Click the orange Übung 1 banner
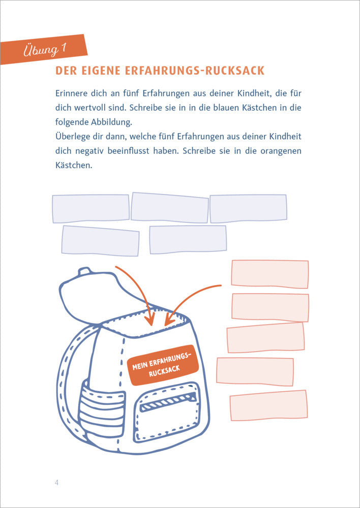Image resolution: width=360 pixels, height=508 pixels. coord(44,49)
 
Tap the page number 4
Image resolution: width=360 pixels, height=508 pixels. coord(57,483)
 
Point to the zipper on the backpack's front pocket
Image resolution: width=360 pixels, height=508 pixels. coord(168,400)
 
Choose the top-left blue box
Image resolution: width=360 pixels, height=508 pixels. coord(91,209)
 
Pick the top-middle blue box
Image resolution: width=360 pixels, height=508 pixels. coord(170,208)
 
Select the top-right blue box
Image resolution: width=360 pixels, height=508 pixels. coord(249,209)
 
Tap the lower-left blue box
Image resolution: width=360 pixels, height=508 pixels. coord(101,241)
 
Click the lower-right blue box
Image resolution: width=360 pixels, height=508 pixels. coord(188,240)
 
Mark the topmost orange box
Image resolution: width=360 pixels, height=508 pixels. coord(270,274)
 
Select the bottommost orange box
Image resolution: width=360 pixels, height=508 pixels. coord(269,405)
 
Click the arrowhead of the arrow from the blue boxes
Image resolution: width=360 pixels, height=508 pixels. coord(150,320)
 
